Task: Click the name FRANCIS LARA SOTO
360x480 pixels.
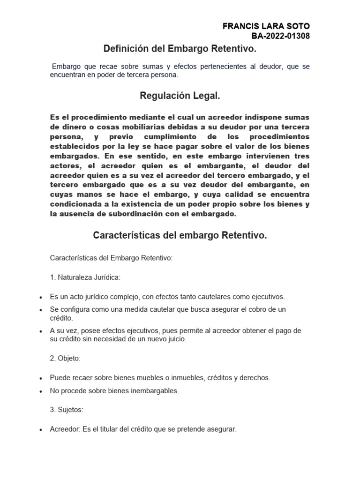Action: [266, 26]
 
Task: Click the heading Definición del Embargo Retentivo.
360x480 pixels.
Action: [180, 49]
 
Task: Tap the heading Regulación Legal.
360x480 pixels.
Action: [180, 96]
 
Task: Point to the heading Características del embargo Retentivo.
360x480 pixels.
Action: [180, 235]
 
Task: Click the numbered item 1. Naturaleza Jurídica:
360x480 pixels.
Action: [85, 277]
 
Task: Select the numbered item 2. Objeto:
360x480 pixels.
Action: [65, 358]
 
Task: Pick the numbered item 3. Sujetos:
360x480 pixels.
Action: [67, 409]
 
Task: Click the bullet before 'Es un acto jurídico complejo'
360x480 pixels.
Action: [41, 297]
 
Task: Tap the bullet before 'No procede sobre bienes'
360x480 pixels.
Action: [41, 391]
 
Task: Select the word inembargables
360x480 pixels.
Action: [156, 390]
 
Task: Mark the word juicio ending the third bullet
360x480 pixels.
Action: [176, 339]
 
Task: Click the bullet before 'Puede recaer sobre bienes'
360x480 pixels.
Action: [41, 378]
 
